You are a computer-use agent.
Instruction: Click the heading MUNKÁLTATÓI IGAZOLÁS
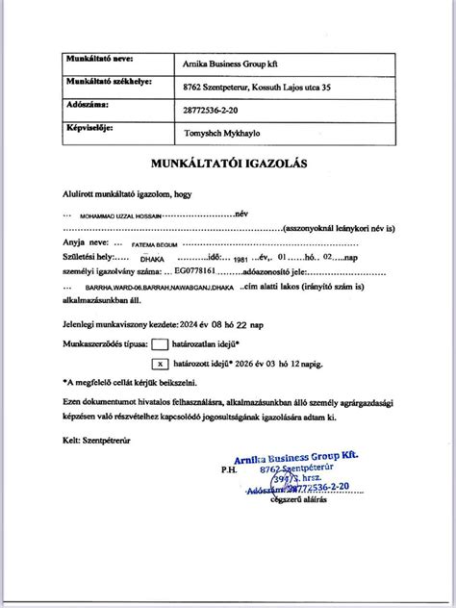coord(228,164)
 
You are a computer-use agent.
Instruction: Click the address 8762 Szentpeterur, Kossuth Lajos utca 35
coord(253,88)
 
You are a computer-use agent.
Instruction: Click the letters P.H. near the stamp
coord(227,471)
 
